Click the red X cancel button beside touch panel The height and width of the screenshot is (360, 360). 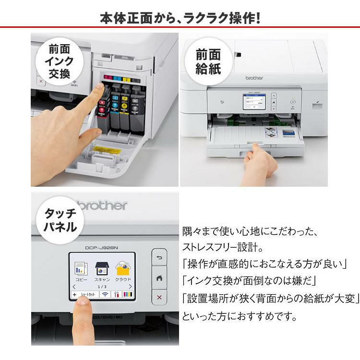[159, 298]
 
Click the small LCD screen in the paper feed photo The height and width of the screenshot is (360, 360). [254, 103]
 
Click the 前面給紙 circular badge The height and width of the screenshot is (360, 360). [208, 62]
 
